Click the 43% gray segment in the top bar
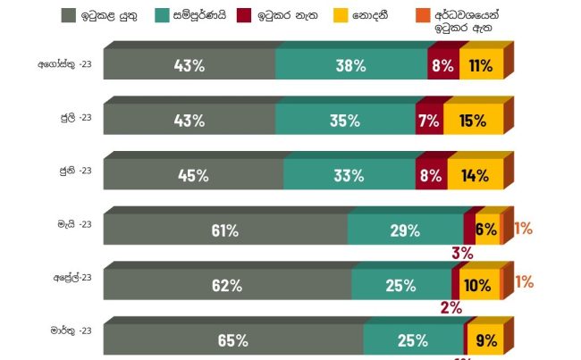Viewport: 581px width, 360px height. (x=189, y=65)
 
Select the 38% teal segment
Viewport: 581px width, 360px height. (x=351, y=65)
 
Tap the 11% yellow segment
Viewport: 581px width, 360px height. (x=481, y=65)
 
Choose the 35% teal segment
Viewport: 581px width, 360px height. (x=345, y=121)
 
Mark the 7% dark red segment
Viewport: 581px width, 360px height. (x=429, y=121)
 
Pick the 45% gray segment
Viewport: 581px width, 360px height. (x=193, y=175)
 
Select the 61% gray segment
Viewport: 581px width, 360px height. (x=224, y=230)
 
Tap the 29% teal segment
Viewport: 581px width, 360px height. (x=405, y=230)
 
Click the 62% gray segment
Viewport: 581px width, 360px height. (x=227, y=285)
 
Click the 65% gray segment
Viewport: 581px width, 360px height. (x=232, y=340)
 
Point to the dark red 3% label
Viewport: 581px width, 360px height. (x=462, y=253)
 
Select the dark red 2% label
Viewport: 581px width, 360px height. (x=450, y=308)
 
